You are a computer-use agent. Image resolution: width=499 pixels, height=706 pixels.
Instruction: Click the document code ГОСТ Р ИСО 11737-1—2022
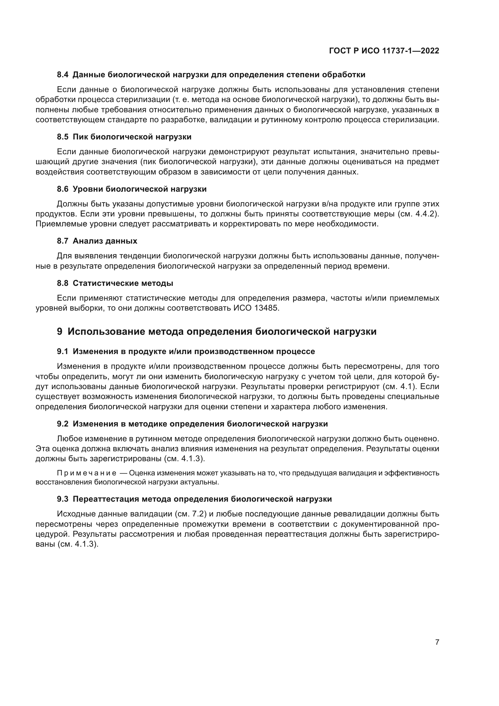[x=384, y=51]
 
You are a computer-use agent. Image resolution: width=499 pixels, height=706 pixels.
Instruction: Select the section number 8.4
[x=63, y=75]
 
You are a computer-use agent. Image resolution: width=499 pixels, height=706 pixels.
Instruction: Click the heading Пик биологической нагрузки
[x=132, y=137]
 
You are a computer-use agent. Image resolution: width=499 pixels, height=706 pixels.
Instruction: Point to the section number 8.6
[x=63, y=189]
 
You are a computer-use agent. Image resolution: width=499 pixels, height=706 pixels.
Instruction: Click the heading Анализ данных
[x=105, y=241]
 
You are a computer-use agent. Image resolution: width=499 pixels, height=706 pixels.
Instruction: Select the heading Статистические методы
[x=123, y=283]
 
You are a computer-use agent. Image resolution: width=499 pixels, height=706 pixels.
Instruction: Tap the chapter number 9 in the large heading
[x=60, y=331]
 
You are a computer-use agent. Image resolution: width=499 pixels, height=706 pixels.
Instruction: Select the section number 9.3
[x=63, y=499]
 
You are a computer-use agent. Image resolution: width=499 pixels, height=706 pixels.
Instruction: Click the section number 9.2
[x=63, y=424]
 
